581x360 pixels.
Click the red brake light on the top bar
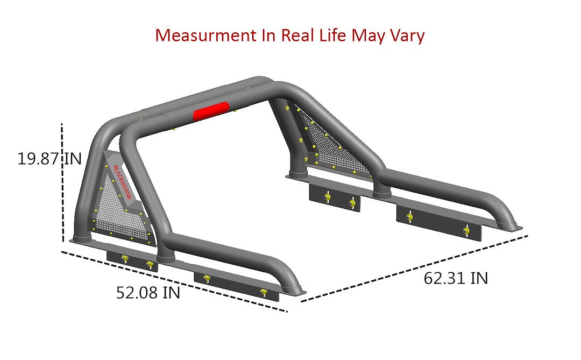[x=211, y=110]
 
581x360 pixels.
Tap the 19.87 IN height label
[x=49, y=159]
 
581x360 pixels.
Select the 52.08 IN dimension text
[x=148, y=293]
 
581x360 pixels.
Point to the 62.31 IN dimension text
[x=456, y=278]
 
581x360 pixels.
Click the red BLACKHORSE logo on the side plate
[x=122, y=182]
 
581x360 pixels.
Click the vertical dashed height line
[x=63, y=183]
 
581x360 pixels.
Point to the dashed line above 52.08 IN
[x=172, y=280]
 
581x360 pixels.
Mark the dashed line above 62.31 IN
[x=414, y=268]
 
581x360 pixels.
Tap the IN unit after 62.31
[x=479, y=278]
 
